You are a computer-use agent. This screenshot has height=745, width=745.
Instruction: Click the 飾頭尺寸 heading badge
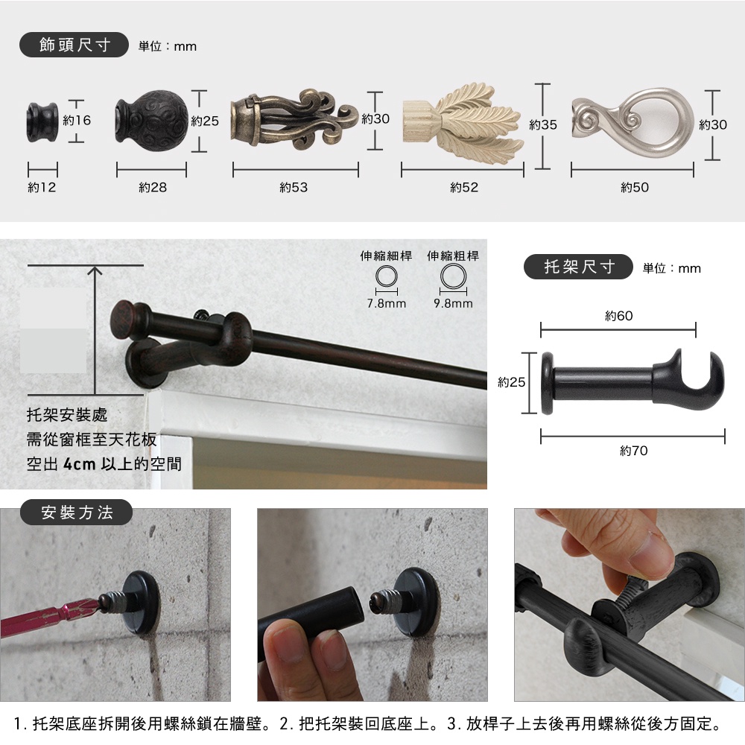point(74,45)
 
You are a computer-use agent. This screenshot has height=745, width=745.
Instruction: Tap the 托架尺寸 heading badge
point(578,267)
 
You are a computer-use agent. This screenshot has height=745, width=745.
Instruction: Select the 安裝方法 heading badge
point(76,513)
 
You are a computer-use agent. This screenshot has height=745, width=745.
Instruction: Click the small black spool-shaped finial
point(42,122)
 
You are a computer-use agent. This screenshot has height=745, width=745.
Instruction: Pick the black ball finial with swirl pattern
point(151,121)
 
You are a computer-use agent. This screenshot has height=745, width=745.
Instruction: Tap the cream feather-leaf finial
point(463,124)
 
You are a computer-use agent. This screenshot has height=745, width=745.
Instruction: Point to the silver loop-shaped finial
point(633,123)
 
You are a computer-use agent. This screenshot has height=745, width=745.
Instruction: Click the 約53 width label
point(294,187)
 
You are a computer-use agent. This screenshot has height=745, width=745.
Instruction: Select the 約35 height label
point(542,125)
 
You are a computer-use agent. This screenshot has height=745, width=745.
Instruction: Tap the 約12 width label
point(42,187)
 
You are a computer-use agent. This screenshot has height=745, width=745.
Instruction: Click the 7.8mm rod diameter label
point(386,303)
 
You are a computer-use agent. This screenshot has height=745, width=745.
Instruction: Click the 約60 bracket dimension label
point(618,316)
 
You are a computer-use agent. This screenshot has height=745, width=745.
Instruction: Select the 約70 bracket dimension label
point(633,451)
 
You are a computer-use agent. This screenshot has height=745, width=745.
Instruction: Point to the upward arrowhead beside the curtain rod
point(95,271)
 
